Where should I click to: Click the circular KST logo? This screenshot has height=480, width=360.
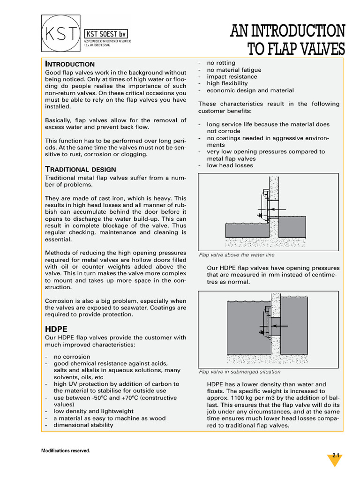pos(61,34)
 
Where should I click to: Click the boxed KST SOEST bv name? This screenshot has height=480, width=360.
pos(105,34)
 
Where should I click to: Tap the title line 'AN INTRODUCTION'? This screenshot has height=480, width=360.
pos(288,31)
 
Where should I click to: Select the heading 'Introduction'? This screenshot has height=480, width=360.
pos(70,64)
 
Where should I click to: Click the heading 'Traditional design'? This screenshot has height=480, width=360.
pos(81,169)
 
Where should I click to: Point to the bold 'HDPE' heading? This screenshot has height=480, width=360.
pos(57,329)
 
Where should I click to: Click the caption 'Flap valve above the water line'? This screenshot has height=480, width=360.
pos(237,255)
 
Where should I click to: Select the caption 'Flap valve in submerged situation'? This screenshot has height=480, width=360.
pos(240,372)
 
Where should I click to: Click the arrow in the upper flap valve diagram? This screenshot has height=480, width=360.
pos(277,210)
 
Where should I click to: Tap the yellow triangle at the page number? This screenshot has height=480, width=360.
pos(335,459)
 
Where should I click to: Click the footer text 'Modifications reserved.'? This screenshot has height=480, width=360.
pos(66,451)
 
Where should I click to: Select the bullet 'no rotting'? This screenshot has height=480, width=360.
pos(221,63)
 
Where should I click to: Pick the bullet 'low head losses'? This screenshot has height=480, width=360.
pos(230,165)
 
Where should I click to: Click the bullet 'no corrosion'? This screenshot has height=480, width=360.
pos(72,357)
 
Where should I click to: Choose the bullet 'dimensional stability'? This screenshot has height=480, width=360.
pos(83,425)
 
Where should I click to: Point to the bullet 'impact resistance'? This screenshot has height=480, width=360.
pos(232,76)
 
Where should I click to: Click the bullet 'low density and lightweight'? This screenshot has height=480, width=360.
pos(93,411)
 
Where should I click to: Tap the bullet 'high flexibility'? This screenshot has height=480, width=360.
pos(227,83)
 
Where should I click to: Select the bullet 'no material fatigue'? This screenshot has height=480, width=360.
pos(234,70)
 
